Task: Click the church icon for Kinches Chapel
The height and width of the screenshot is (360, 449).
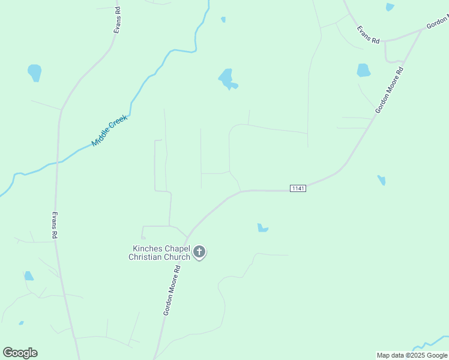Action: point(199,252)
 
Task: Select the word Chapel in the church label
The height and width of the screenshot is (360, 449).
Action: point(176,248)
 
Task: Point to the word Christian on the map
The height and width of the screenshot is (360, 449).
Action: point(146,257)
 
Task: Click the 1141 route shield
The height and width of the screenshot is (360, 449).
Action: point(298,188)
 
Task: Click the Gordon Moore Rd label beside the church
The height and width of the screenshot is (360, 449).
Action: point(173,292)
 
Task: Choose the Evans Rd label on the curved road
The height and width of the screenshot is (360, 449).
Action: point(368,34)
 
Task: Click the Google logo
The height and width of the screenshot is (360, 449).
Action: point(20,353)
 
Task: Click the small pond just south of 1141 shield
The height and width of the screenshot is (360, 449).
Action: point(262,228)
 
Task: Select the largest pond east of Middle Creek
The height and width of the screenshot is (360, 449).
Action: point(226,79)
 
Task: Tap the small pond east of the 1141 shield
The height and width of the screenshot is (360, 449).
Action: point(381,180)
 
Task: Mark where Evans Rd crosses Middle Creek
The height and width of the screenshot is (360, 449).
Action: point(58,161)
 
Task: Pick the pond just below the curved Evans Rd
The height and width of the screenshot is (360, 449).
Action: point(363,70)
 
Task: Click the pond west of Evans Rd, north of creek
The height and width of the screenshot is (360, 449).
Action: point(35,72)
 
